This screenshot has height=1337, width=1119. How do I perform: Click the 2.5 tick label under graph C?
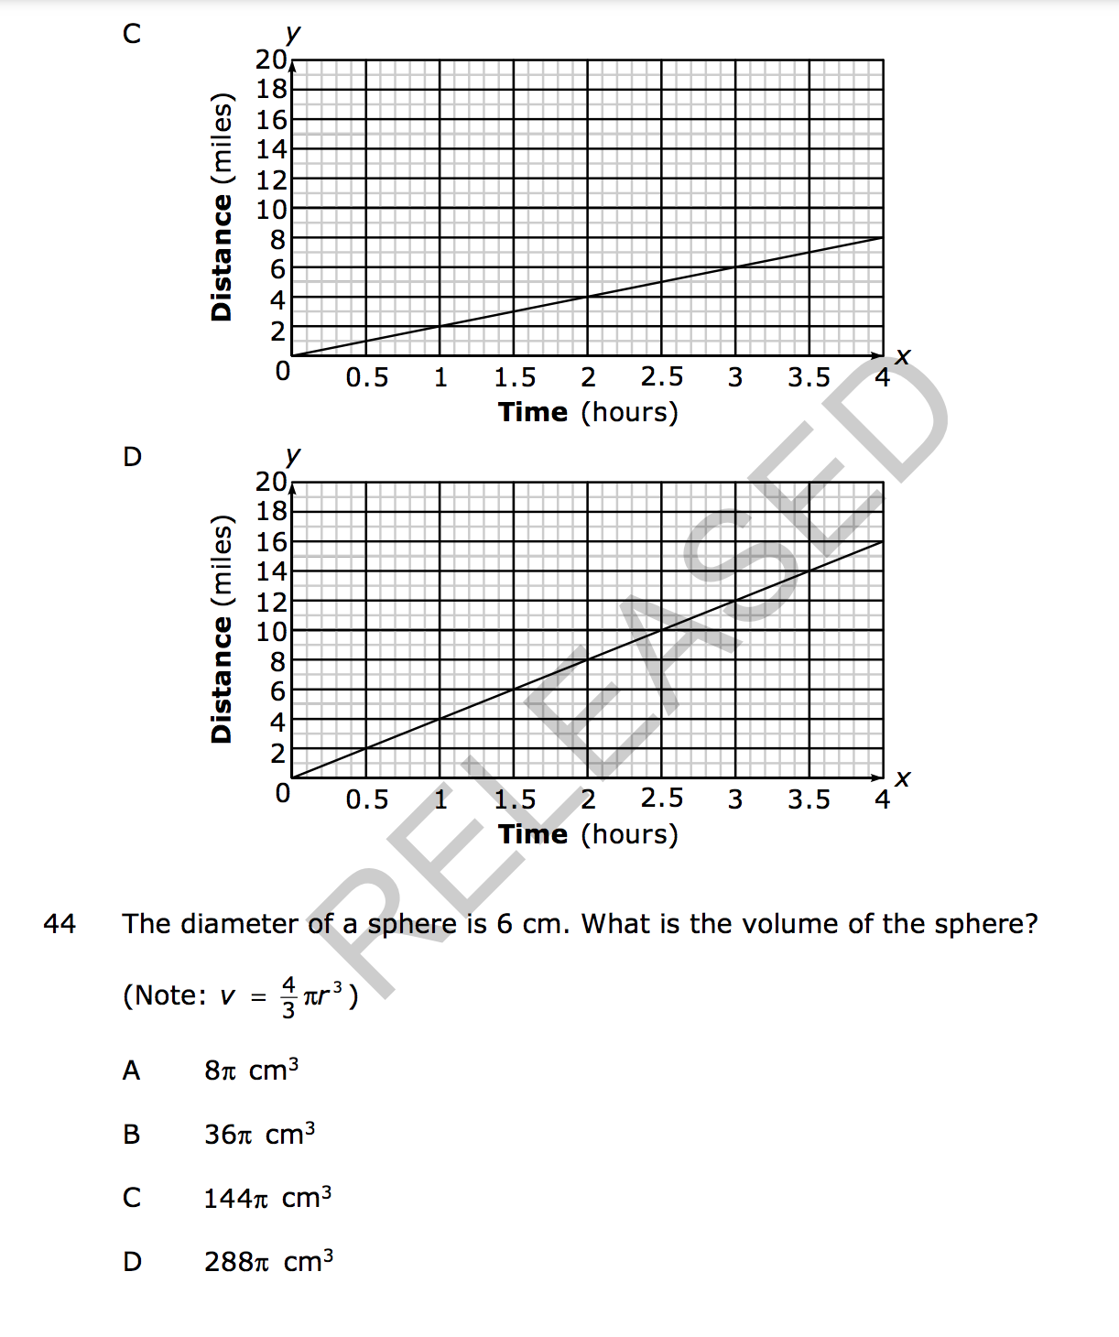(x=661, y=377)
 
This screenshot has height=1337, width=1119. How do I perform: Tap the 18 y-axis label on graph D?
(x=272, y=511)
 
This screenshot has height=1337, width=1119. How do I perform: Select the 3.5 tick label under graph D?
(x=809, y=799)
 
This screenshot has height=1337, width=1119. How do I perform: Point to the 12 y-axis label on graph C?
(x=272, y=179)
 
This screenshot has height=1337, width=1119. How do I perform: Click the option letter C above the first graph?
(x=132, y=34)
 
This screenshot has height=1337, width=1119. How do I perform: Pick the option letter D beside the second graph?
(x=132, y=456)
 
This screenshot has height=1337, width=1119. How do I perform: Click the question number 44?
(x=60, y=923)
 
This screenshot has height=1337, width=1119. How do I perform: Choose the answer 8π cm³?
(x=251, y=1070)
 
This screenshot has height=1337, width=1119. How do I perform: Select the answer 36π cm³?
(x=259, y=1134)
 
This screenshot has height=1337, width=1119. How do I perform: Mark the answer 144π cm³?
(x=267, y=1198)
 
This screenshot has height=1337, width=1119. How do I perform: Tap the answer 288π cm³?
(x=268, y=1261)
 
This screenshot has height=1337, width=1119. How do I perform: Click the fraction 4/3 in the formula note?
(x=288, y=997)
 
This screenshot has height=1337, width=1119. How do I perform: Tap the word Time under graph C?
(x=533, y=412)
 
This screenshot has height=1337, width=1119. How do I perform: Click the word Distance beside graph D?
(x=221, y=679)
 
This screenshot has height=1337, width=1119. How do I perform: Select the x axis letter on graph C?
(x=903, y=355)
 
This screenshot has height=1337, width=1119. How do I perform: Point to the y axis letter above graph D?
(x=293, y=455)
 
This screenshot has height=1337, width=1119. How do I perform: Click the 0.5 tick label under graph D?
(x=366, y=799)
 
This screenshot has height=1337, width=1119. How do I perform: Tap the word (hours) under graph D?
(x=629, y=834)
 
